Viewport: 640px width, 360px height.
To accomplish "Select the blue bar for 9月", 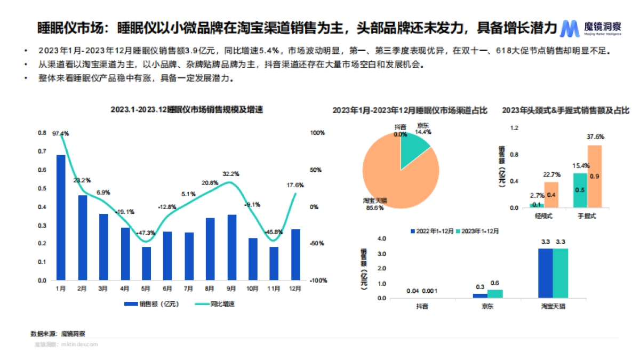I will click(232, 247).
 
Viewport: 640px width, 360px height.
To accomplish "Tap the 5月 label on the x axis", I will click(146, 288).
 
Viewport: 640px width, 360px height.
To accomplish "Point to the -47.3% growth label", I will click(145, 233).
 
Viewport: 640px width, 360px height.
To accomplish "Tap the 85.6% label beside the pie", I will click(374, 207).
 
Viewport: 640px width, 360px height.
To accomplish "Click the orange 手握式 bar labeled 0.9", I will click(594, 177).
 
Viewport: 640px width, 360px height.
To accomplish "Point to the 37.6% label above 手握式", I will click(595, 137).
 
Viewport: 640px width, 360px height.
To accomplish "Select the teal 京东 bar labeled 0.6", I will click(495, 293).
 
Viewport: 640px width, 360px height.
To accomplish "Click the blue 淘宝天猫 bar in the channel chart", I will click(546, 273).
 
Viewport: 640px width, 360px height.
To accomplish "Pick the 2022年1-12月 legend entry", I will click(431, 231).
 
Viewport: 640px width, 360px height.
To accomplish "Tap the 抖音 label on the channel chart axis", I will click(422, 306).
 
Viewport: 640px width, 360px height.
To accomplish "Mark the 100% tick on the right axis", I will click(318, 133).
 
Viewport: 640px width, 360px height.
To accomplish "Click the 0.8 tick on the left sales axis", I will click(42, 133).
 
